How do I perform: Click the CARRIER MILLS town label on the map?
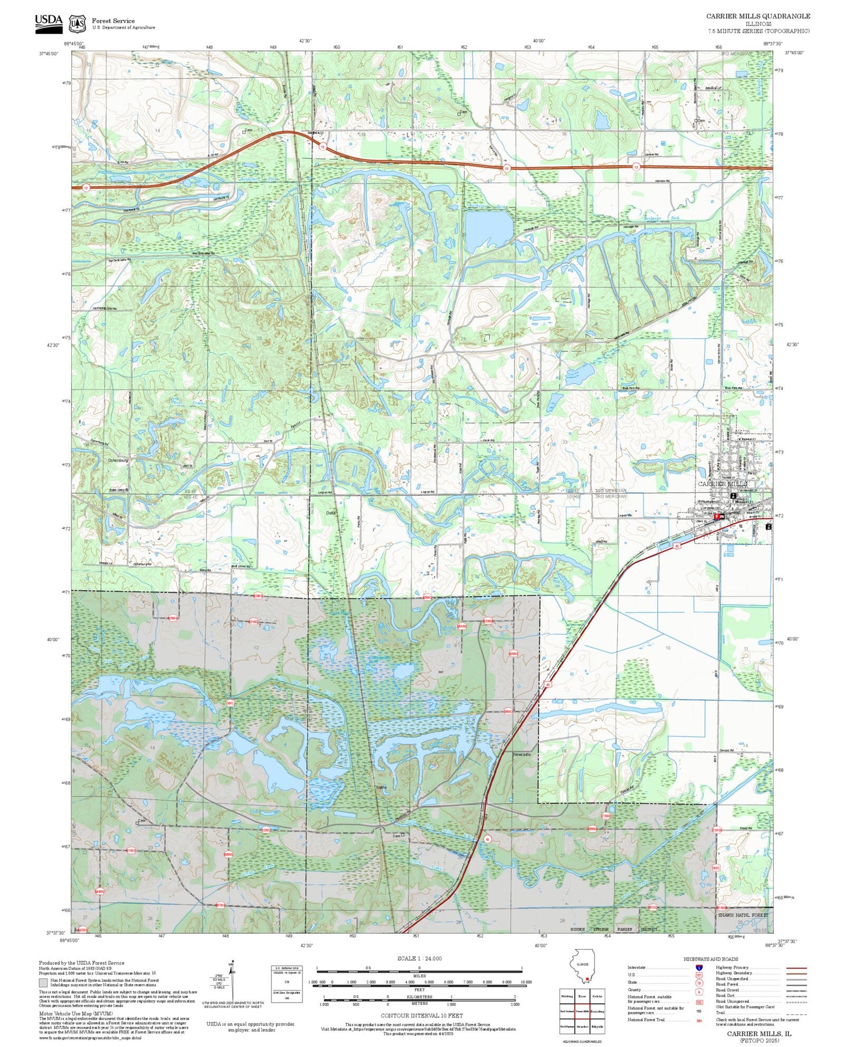(723, 484)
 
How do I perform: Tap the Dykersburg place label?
(117, 460)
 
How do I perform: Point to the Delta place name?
(331, 512)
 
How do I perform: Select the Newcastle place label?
(522, 755)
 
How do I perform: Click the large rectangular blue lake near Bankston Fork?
(488, 229)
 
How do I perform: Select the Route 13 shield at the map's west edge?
(86, 188)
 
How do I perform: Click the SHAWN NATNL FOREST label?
(743, 915)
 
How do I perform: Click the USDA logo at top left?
(48, 22)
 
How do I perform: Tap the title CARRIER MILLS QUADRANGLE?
(758, 16)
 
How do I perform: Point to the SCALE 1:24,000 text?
(419, 958)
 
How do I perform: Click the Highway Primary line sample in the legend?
(796, 968)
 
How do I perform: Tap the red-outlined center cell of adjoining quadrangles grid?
(582, 1011)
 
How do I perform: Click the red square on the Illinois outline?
(587, 980)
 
